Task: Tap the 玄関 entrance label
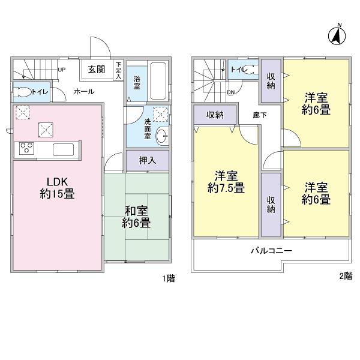(97, 69)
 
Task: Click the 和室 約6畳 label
(137, 216)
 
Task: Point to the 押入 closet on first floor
(146, 160)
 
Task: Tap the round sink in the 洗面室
(161, 136)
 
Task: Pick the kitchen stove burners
(27, 149)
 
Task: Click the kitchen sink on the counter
(62, 149)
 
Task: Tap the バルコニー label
(271, 251)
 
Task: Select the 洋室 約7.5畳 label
(226, 182)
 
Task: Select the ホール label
(83, 92)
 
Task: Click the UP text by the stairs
(61, 69)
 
